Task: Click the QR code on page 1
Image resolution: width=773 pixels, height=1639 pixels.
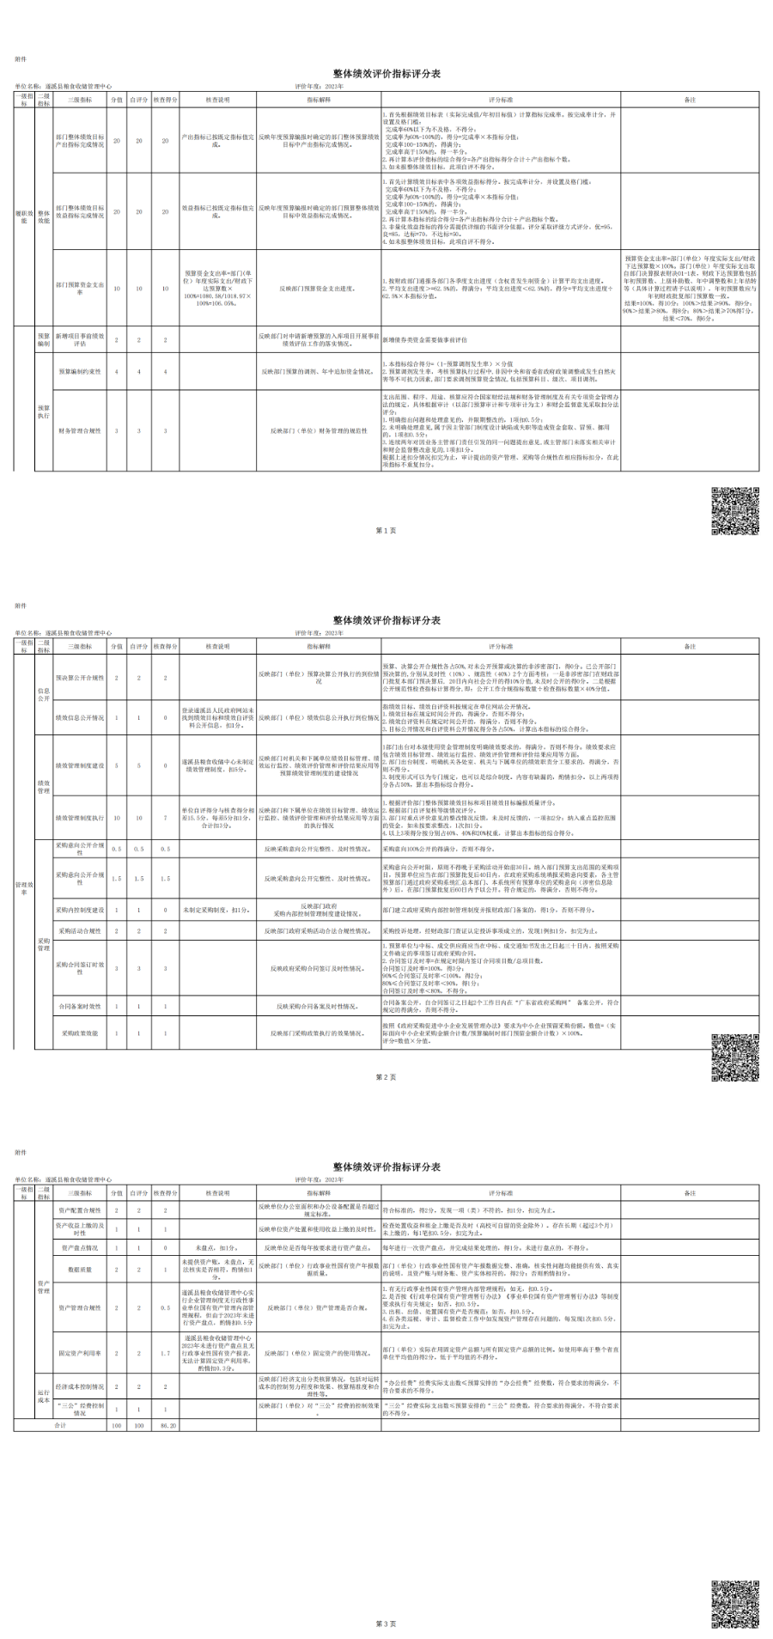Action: point(734,510)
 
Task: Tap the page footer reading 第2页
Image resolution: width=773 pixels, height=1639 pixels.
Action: point(386,1075)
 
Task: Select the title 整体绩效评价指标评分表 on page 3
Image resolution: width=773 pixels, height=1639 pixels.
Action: point(386,1167)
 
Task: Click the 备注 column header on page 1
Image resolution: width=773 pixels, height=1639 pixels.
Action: point(690,100)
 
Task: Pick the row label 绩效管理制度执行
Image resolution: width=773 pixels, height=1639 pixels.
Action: point(80,818)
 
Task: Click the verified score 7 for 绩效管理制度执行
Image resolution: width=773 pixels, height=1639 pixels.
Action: point(166,818)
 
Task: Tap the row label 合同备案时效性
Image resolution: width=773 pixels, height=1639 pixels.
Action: point(80,1005)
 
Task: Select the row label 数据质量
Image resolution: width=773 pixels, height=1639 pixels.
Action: point(80,1268)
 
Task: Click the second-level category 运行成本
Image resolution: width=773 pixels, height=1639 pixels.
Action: point(44,1397)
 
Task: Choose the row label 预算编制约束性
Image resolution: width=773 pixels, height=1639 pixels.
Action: point(80,371)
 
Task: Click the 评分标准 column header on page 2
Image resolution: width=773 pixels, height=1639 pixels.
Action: point(500,646)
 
